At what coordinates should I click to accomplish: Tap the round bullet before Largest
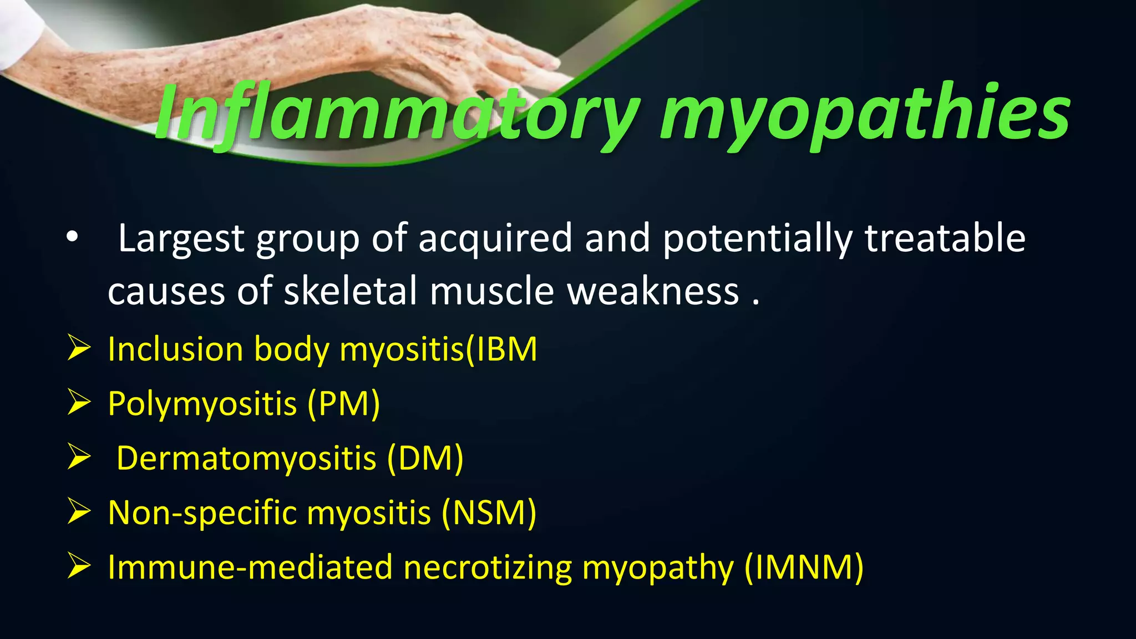tap(72, 237)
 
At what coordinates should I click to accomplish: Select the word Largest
tap(181, 239)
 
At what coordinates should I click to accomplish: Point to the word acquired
tap(495, 239)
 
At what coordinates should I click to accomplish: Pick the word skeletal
tap(350, 291)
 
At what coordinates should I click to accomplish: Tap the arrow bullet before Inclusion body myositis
tap(79, 348)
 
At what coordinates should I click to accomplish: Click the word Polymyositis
tap(202, 403)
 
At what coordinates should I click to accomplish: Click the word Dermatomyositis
tap(246, 458)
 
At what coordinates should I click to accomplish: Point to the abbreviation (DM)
tap(425, 458)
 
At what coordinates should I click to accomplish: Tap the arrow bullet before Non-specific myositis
tap(79, 511)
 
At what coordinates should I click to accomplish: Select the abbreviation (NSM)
tap(489, 513)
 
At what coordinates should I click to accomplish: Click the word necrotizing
tap(488, 567)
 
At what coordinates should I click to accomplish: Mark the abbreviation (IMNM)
tap(804, 567)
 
